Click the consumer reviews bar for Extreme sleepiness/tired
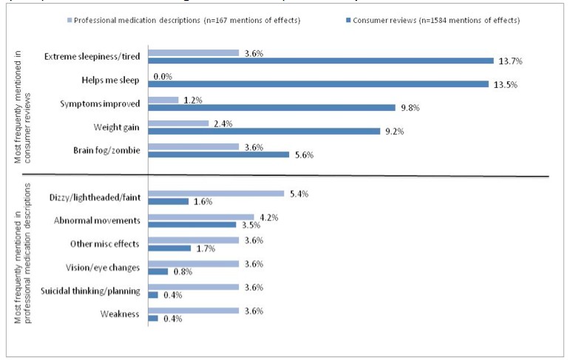click(321, 61)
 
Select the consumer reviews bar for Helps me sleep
click(318, 84)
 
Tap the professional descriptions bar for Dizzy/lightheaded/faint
click(216, 194)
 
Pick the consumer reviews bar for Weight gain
click(264, 131)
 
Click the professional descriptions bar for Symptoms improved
click(163, 100)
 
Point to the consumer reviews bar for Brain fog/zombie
click(219, 154)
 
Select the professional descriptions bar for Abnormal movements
click(201, 217)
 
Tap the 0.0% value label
click(163, 75)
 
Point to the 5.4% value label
click(299, 194)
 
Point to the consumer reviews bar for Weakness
click(153, 319)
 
